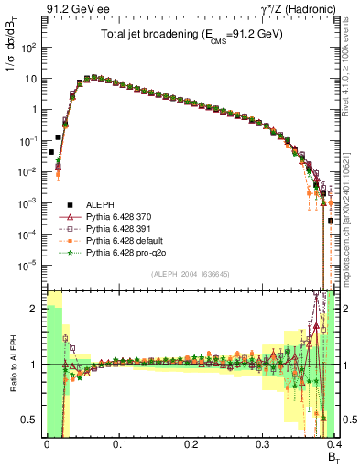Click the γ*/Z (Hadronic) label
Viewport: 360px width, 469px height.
(311, 10)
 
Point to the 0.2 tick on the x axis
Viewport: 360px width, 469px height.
(191, 448)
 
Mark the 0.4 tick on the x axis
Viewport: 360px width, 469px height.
(335, 448)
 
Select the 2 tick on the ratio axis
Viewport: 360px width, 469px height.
(36, 309)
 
